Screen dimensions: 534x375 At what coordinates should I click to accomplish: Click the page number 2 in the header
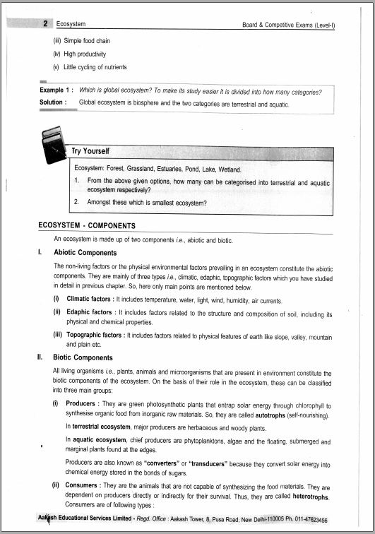(x=44, y=24)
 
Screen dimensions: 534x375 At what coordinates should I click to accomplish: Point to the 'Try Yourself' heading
(x=90, y=151)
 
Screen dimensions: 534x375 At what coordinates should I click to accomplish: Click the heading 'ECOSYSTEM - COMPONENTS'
(x=87, y=226)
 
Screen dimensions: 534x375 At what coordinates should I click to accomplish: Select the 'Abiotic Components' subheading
(x=85, y=252)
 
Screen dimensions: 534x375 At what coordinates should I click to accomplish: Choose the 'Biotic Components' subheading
(x=83, y=357)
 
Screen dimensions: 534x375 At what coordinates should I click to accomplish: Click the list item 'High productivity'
(x=85, y=54)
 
